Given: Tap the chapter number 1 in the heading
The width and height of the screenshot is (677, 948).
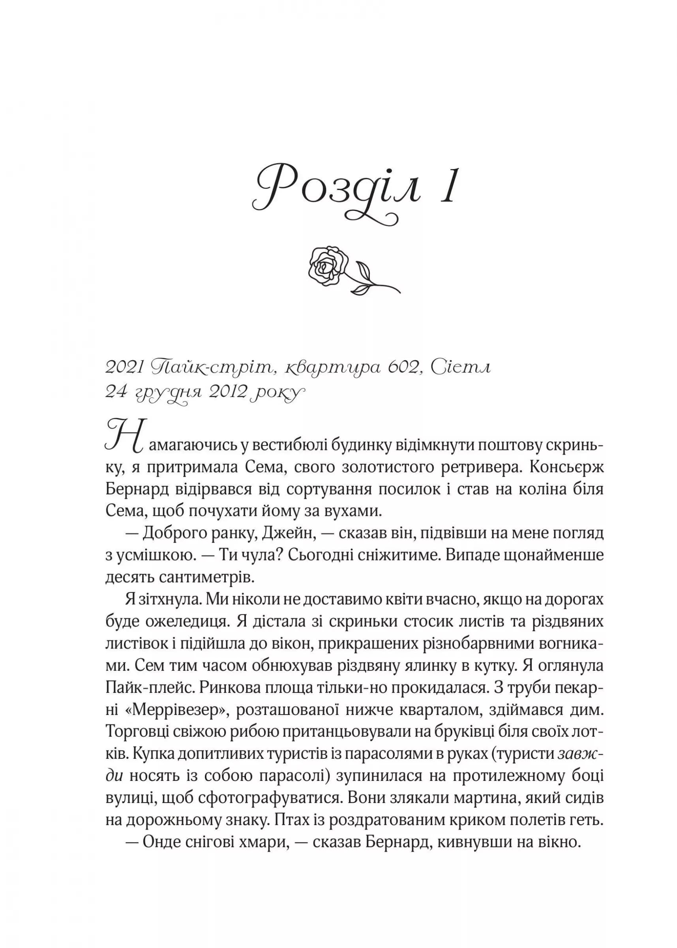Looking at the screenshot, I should (449, 186).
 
